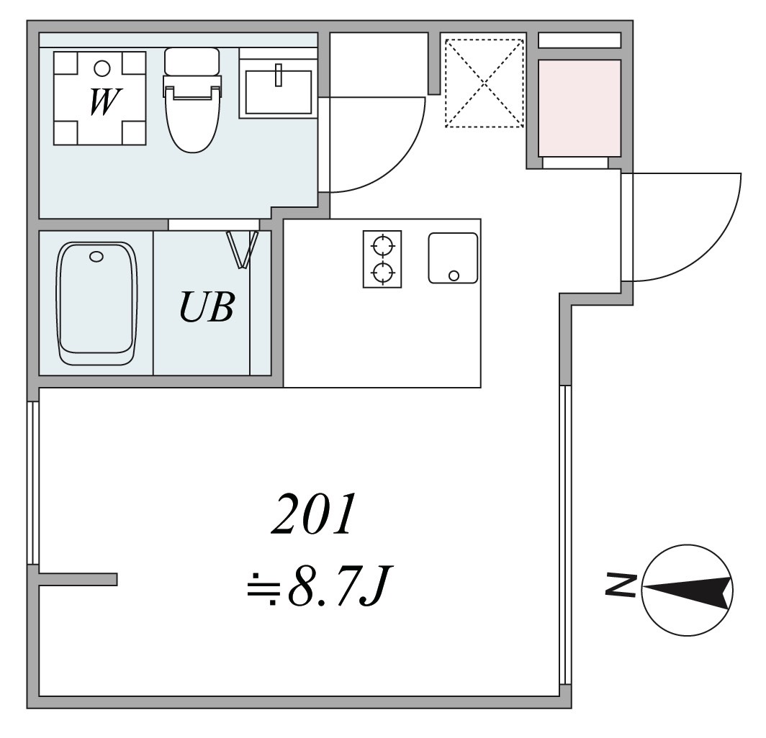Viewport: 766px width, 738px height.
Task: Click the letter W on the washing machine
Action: [x=103, y=101]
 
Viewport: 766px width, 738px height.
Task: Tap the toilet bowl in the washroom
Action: [x=191, y=122]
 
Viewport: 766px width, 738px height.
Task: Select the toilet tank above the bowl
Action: [x=191, y=61]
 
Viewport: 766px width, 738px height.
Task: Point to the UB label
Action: [x=206, y=307]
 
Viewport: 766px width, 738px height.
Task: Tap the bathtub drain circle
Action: [x=96, y=256]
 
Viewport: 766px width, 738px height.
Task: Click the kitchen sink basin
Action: [x=453, y=257]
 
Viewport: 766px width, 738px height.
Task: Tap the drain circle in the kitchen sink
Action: [x=454, y=275]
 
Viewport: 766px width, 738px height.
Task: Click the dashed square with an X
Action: [x=485, y=83]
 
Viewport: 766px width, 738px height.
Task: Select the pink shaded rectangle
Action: [x=579, y=107]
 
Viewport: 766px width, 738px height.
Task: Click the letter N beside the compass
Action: [x=620, y=586]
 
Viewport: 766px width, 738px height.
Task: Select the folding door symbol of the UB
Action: [x=243, y=248]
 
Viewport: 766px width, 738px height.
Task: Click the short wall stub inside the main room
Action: [x=78, y=579]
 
